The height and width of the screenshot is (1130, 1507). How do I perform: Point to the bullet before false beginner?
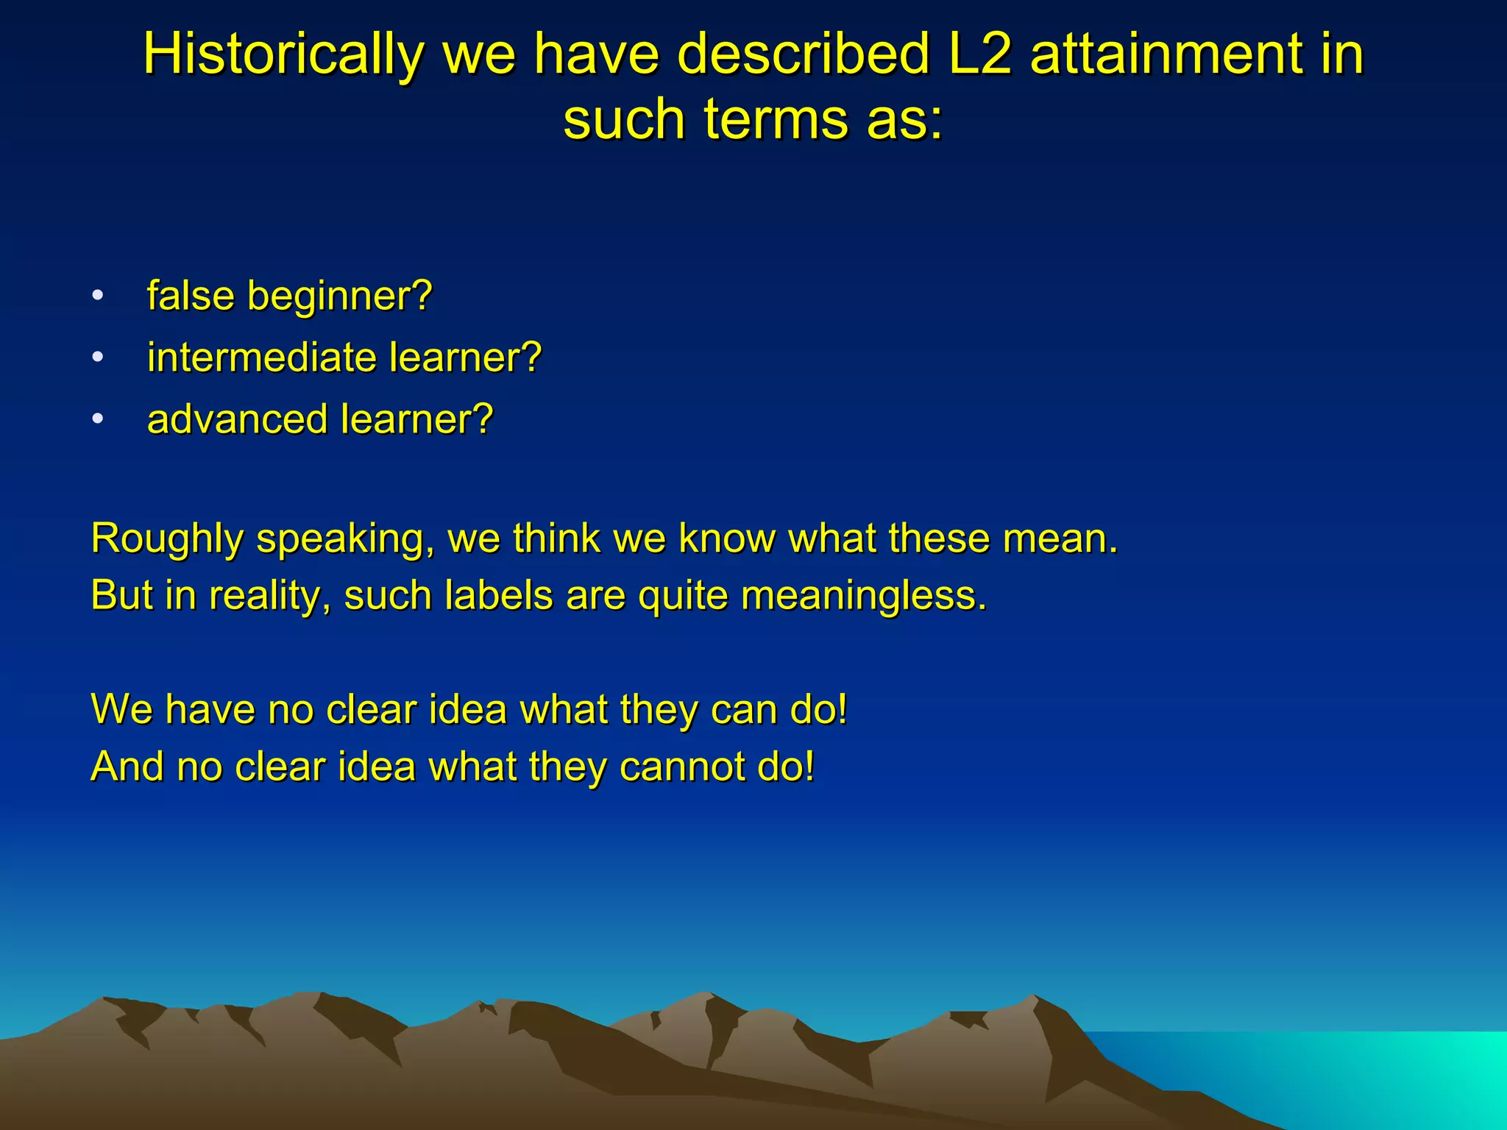(98, 296)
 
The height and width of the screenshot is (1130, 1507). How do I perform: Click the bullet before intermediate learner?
(98, 358)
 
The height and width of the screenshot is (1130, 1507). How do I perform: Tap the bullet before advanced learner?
(98, 420)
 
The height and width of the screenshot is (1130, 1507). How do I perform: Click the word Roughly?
(167, 539)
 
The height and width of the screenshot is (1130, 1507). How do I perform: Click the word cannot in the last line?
(681, 767)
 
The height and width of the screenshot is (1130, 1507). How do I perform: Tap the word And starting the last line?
(127, 767)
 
